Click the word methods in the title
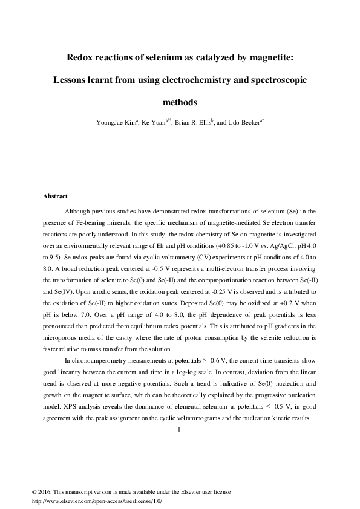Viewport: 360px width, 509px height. tap(180, 102)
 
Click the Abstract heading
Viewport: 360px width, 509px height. tap(55, 196)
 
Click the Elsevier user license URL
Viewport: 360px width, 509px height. tap(97, 501)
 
